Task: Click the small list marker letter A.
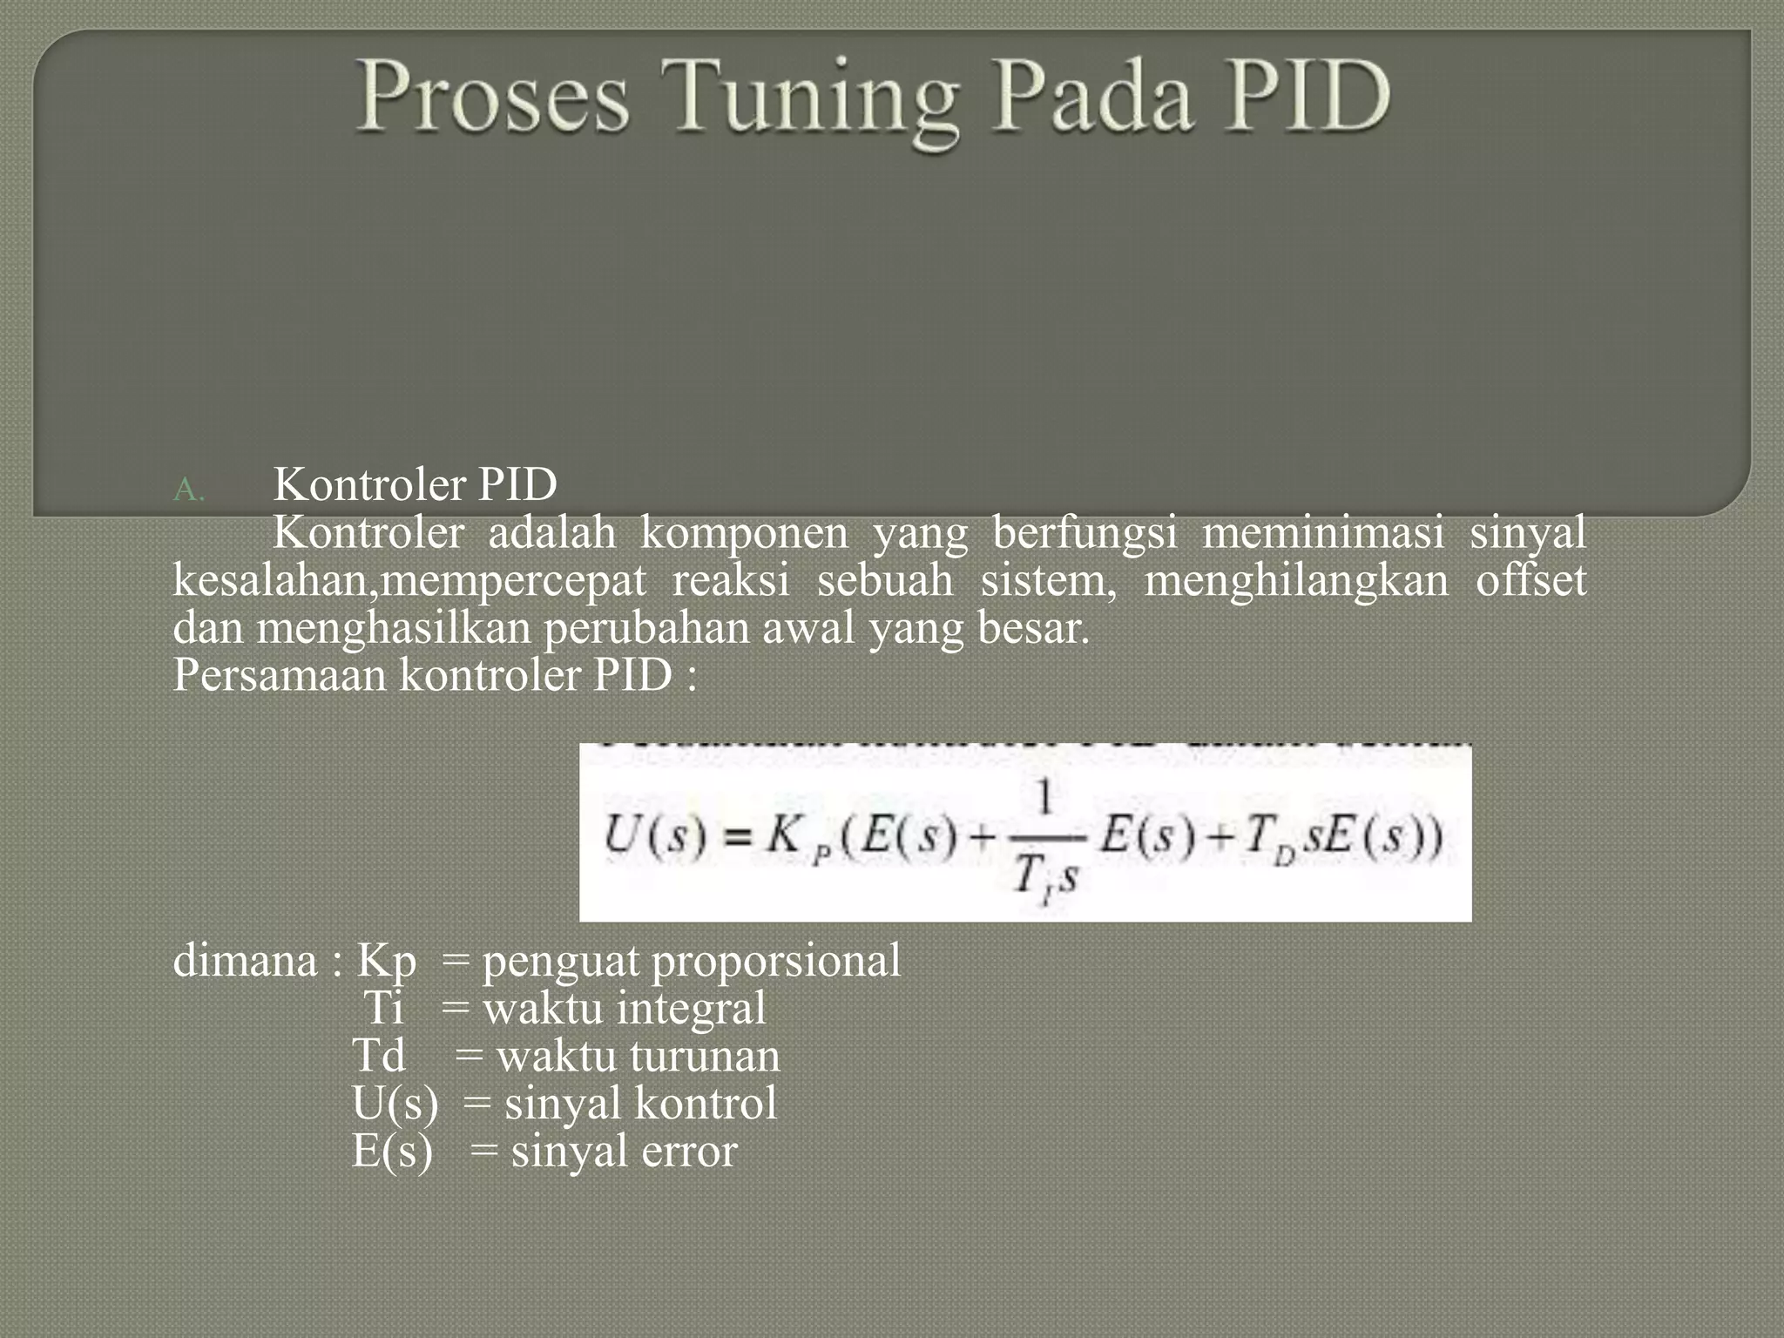click(x=187, y=490)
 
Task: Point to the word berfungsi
click(x=1085, y=533)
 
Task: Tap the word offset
click(x=1531, y=579)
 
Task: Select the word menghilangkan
click(x=1295, y=581)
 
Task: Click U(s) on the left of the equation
click(x=654, y=836)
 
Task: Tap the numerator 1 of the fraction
click(x=1045, y=797)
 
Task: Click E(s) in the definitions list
click(x=392, y=1152)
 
